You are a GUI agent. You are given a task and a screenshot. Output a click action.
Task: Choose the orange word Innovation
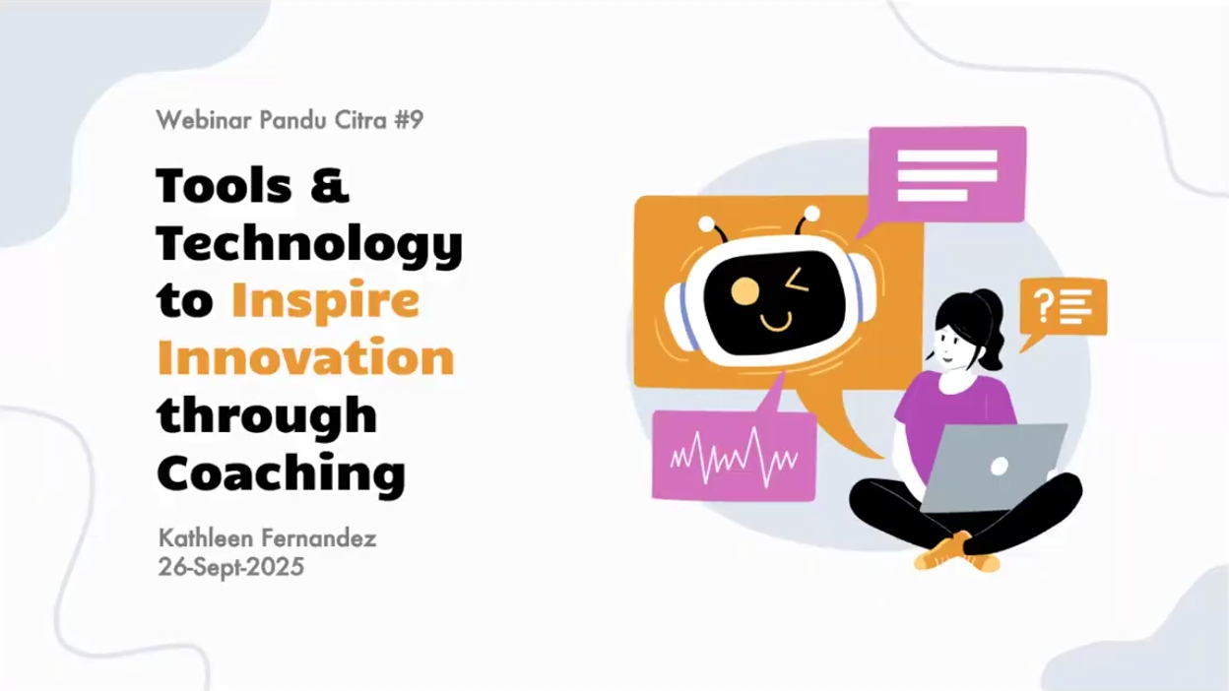pyautogui.click(x=306, y=357)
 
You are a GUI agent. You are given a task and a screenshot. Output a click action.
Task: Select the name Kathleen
pyautogui.click(x=205, y=538)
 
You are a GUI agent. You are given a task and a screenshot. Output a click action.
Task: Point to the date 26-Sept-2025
pyautogui.click(x=231, y=567)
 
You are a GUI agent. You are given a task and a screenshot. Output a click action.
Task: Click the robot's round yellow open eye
pyautogui.click(x=745, y=290)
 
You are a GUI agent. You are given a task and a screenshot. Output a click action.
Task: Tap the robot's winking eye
pyautogui.click(x=797, y=280)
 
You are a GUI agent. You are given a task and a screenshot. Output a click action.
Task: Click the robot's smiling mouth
pyautogui.click(x=777, y=323)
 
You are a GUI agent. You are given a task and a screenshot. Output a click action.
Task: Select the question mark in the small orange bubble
pyautogui.click(x=1043, y=305)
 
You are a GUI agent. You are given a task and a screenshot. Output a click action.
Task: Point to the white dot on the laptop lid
pyautogui.click(x=1000, y=467)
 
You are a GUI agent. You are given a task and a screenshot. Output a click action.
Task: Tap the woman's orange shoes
pyautogui.click(x=957, y=554)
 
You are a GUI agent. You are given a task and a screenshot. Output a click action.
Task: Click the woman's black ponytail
pyautogui.click(x=990, y=329)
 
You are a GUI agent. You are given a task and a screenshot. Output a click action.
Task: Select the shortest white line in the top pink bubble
pyautogui.click(x=933, y=195)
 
